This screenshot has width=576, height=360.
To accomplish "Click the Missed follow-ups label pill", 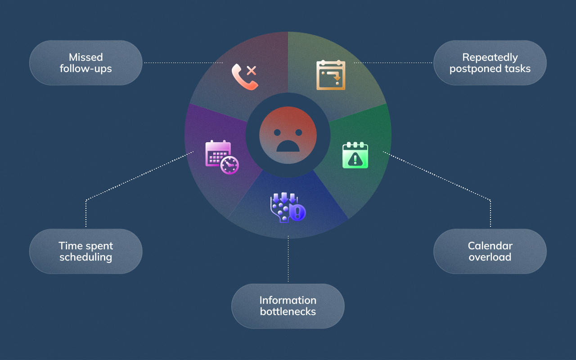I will [x=85, y=63].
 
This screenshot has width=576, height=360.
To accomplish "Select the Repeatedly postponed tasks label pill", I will [x=490, y=63].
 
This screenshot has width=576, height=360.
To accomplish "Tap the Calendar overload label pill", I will [x=490, y=252].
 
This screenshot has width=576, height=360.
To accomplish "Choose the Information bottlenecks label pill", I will [x=288, y=306].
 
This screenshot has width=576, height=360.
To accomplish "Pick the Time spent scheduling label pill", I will [x=85, y=252].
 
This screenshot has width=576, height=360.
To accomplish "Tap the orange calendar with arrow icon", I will [x=331, y=75].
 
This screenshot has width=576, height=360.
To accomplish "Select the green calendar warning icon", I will [x=355, y=155].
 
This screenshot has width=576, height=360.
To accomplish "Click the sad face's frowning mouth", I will [x=288, y=146].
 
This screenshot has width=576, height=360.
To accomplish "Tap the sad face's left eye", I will [x=277, y=132].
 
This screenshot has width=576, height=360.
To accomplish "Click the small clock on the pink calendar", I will [x=230, y=165].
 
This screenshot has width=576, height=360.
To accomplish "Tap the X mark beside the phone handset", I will [x=252, y=70].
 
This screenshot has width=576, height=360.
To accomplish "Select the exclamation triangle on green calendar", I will [x=355, y=159].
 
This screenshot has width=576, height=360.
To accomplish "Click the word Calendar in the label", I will [x=490, y=246].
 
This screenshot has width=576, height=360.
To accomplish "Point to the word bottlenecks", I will [x=288, y=311].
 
